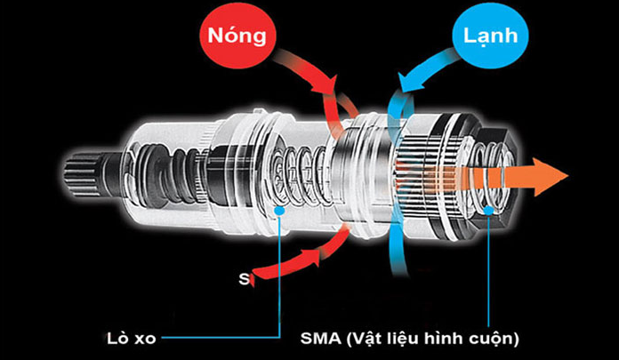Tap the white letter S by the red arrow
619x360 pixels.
[x=243, y=279]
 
